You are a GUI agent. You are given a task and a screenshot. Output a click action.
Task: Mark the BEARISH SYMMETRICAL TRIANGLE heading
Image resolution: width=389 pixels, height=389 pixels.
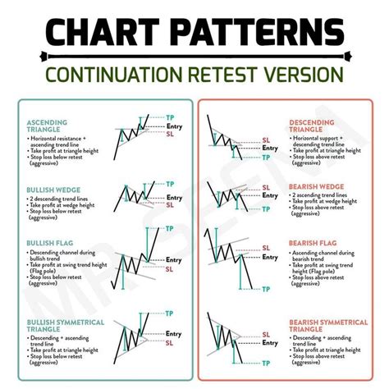[323, 326]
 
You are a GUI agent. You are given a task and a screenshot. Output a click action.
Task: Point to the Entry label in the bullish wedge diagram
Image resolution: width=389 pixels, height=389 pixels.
[174, 198]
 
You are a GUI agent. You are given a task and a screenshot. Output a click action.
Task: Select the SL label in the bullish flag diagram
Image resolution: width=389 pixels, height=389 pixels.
[169, 269]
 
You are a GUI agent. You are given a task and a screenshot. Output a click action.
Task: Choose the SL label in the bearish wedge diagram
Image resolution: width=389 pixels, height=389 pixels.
[266, 188]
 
